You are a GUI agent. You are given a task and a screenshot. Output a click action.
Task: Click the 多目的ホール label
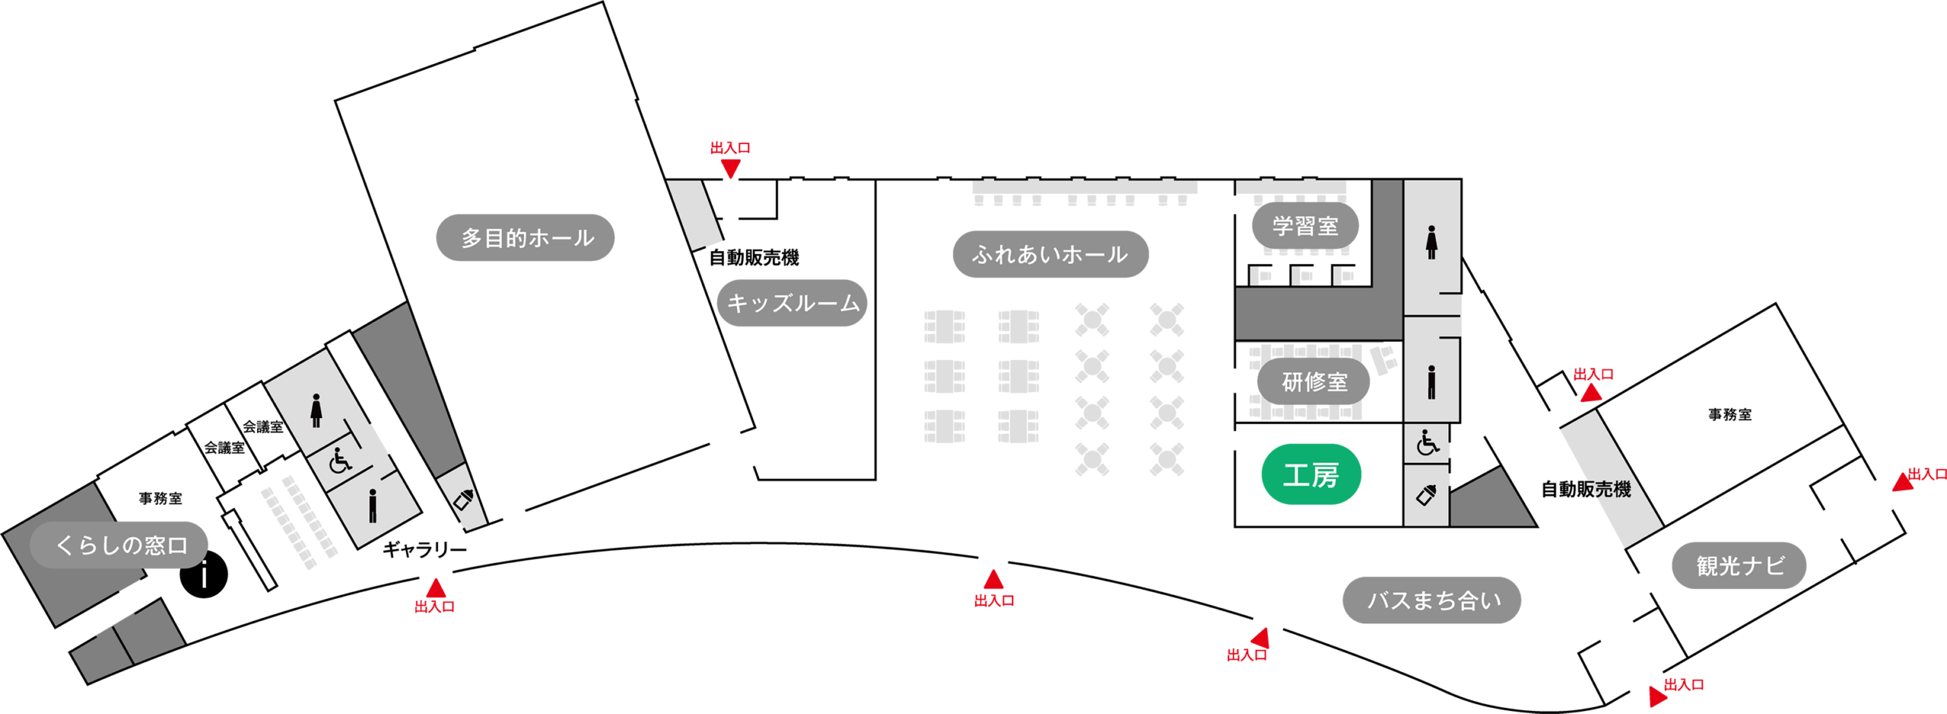pyautogui.click(x=526, y=237)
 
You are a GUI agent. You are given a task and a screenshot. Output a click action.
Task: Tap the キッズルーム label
pyautogui.click(x=792, y=303)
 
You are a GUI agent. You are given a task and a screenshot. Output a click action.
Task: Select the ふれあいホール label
pyautogui.click(x=1050, y=254)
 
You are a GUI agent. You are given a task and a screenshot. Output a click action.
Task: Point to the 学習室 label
pyautogui.click(x=1305, y=226)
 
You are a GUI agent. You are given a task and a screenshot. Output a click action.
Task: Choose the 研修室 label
pyautogui.click(x=1313, y=381)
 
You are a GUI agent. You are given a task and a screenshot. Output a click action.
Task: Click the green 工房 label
pyautogui.click(x=1310, y=475)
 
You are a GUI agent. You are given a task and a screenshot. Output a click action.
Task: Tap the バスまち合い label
pyautogui.click(x=1431, y=601)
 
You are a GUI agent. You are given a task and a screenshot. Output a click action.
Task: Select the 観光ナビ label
pyautogui.click(x=1739, y=566)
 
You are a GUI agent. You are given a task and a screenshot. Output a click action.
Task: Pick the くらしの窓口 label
pyautogui.click(x=119, y=545)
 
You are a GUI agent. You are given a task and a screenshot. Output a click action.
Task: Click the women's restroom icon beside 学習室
pyautogui.click(x=1431, y=242)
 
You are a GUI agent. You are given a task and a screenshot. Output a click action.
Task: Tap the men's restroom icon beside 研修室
pyautogui.click(x=1431, y=382)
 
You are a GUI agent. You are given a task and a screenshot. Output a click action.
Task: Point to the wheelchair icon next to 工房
pyautogui.click(x=1428, y=442)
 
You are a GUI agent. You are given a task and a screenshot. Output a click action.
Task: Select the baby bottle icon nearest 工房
pyautogui.click(x=1427, y=495)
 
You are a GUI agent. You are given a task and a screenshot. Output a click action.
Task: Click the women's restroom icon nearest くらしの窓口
pyautogui.click(x=316, y=410)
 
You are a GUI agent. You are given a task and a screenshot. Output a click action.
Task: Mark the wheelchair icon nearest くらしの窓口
pyautogui.click(x=340, y=460)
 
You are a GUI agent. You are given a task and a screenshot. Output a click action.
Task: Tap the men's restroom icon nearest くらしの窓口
pyautogui.click(x=372, y=506)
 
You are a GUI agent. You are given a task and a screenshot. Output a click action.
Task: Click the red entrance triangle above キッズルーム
pyautogui.click(x=730, y=168)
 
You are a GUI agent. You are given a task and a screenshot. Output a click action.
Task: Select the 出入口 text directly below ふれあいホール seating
pyautogui.click(x=994, y=601)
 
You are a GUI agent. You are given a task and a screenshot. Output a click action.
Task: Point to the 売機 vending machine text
pyautogui.click(x=1611, y=489)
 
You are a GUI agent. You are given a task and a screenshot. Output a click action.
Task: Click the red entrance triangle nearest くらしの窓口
pyautogui.click(x=435, y=588)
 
